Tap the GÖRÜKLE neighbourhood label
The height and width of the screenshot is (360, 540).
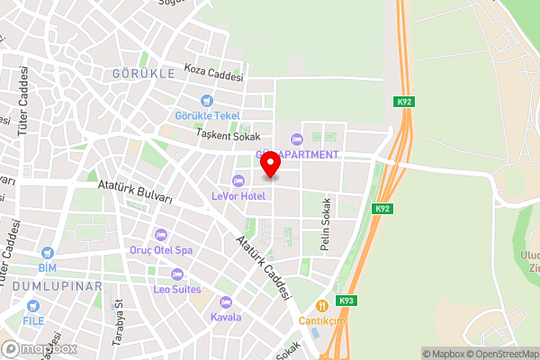tap(143, 73)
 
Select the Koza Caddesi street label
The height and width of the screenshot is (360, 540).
tap(213, 72)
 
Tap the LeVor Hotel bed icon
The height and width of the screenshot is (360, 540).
tap(238, 179)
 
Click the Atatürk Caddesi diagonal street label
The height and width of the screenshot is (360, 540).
tap(264, 267)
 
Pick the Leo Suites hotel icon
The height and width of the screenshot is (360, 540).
tap(176, 274)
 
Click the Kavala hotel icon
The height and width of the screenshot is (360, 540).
tap(225, 301)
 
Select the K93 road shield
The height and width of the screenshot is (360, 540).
tap(346, 300)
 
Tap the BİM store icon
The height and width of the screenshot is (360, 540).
tap(47, 254)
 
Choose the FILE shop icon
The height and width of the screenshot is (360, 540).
tap(34, 307)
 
